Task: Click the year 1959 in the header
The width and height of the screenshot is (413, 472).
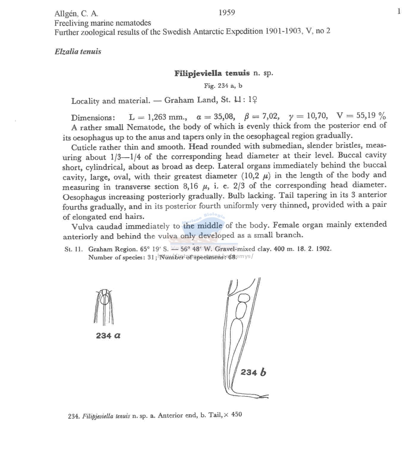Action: tap(227, 12)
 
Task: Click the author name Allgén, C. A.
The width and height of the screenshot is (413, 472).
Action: tap(76, 14)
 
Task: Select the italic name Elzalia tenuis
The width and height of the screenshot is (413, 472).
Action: tap(78, 51)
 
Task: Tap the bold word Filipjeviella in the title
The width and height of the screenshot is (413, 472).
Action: tap(198, 73)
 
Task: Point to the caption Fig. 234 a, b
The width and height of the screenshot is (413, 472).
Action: tap(223, 86)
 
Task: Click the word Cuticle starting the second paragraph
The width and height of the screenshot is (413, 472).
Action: tap(84, 147)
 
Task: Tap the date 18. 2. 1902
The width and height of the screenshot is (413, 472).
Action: tap(314, 249)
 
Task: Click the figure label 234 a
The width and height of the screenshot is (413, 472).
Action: tap(108, 336)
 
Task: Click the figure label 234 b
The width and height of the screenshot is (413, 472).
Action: tap(253, 372)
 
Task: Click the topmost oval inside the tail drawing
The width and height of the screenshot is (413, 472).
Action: tap(244, 298)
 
